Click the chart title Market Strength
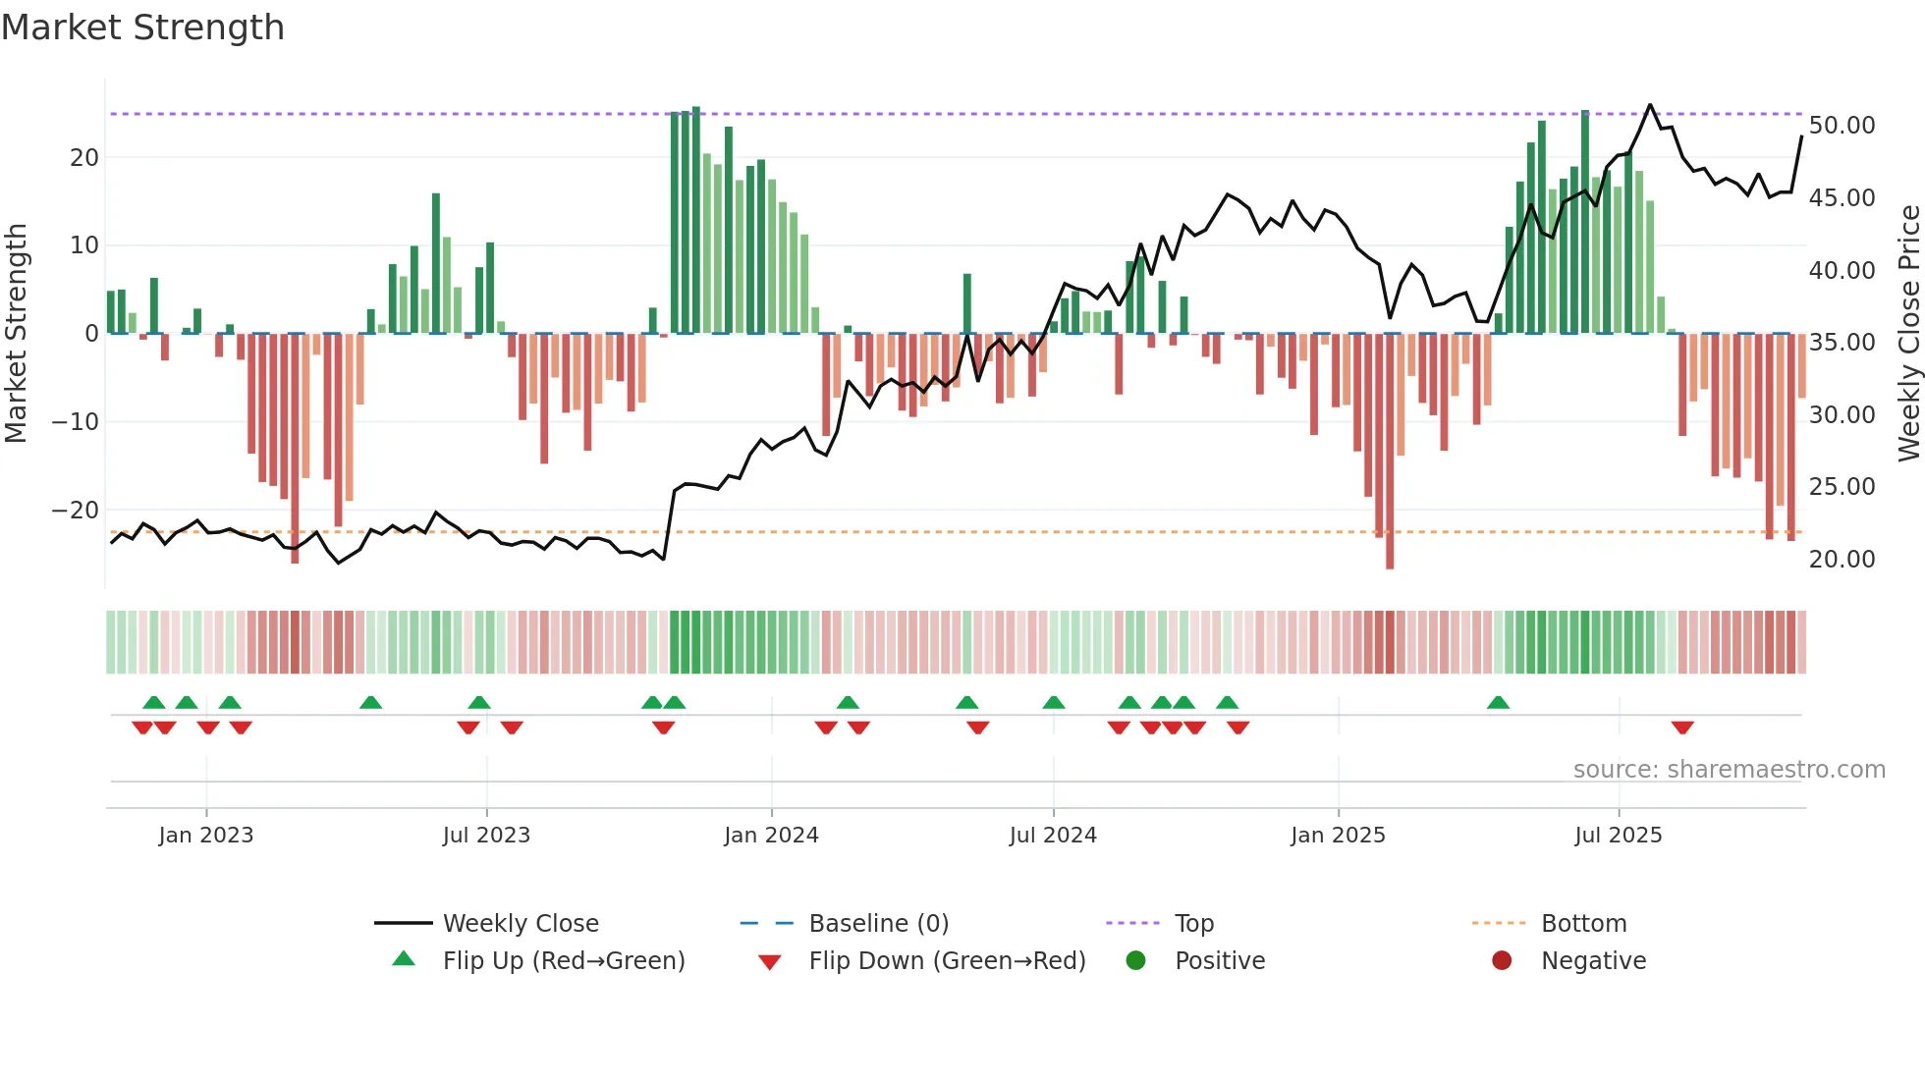click(142, 27)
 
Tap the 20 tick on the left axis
click(84, 157)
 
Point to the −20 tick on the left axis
click(76, 510)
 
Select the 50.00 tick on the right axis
click(1842, 126)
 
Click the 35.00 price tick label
click(1842, 343)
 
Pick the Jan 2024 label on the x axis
click(771, 836)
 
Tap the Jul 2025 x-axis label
click(1618, 836)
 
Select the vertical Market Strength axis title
click(17, 334)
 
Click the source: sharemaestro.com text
click(1729, 770)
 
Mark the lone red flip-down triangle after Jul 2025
click(1682, 728)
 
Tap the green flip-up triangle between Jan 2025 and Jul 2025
click(1498, 703)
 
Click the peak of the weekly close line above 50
click(1650, 105)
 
